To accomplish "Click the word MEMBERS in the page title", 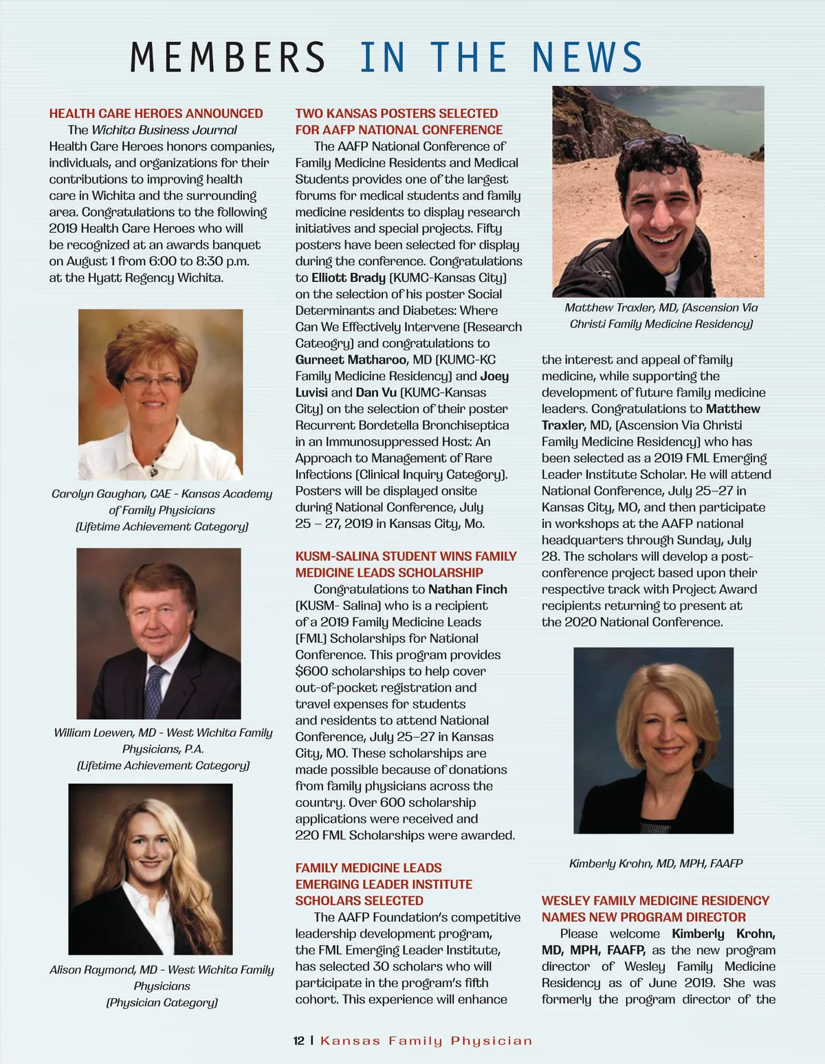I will point(227,57).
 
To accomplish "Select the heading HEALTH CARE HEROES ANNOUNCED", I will point(156,113).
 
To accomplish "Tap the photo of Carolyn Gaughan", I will point(160,394).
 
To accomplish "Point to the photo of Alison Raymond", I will point(151,869).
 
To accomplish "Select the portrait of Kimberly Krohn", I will point(653,740).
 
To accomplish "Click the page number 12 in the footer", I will point(298,1041).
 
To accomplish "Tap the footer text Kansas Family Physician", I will point(426,1041).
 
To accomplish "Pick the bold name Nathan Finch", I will point(467,589).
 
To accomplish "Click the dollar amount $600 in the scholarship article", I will point(311,671).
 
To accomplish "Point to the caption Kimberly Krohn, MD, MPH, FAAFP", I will point(655,863).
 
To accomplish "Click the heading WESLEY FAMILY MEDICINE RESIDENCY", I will point(655,900).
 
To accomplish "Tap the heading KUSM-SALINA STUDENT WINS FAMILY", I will point(406,556).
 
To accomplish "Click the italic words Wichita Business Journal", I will point(164,130).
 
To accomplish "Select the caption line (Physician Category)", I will point(162,1002).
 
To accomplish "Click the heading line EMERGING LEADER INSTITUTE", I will point(384,884).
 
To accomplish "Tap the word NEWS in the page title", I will point(586,57).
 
